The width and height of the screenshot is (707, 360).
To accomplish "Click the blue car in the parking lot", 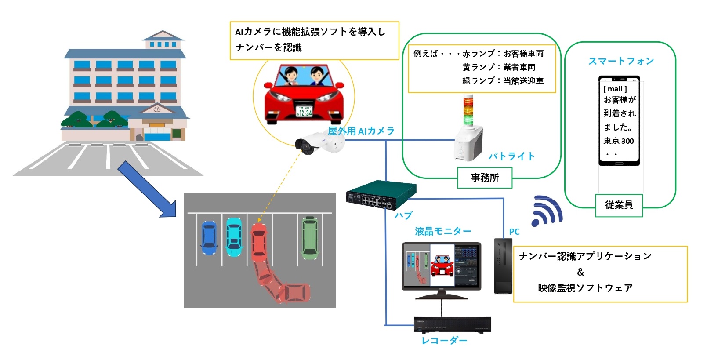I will [209, 238].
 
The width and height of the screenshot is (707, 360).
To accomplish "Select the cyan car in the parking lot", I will [234, 237].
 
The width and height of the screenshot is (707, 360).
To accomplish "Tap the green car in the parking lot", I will [310, 237].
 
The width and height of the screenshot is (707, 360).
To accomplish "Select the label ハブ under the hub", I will [403, 215].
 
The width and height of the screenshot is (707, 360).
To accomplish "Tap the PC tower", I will [503, 265].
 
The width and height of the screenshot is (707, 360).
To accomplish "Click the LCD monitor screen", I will [441, 265].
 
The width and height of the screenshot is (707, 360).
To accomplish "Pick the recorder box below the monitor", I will [452, 324].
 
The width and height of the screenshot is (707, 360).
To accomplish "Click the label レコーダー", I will [444, 341].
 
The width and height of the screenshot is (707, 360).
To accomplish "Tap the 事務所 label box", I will [485, 178].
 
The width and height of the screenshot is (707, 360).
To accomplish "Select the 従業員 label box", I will [619, 205].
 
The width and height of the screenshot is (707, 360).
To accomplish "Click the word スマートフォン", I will [621, 61].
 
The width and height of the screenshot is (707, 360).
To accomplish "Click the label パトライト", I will [511, 156].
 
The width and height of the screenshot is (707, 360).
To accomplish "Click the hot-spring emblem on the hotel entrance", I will [157, 108].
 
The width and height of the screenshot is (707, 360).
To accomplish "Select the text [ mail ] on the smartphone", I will [615, 89].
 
